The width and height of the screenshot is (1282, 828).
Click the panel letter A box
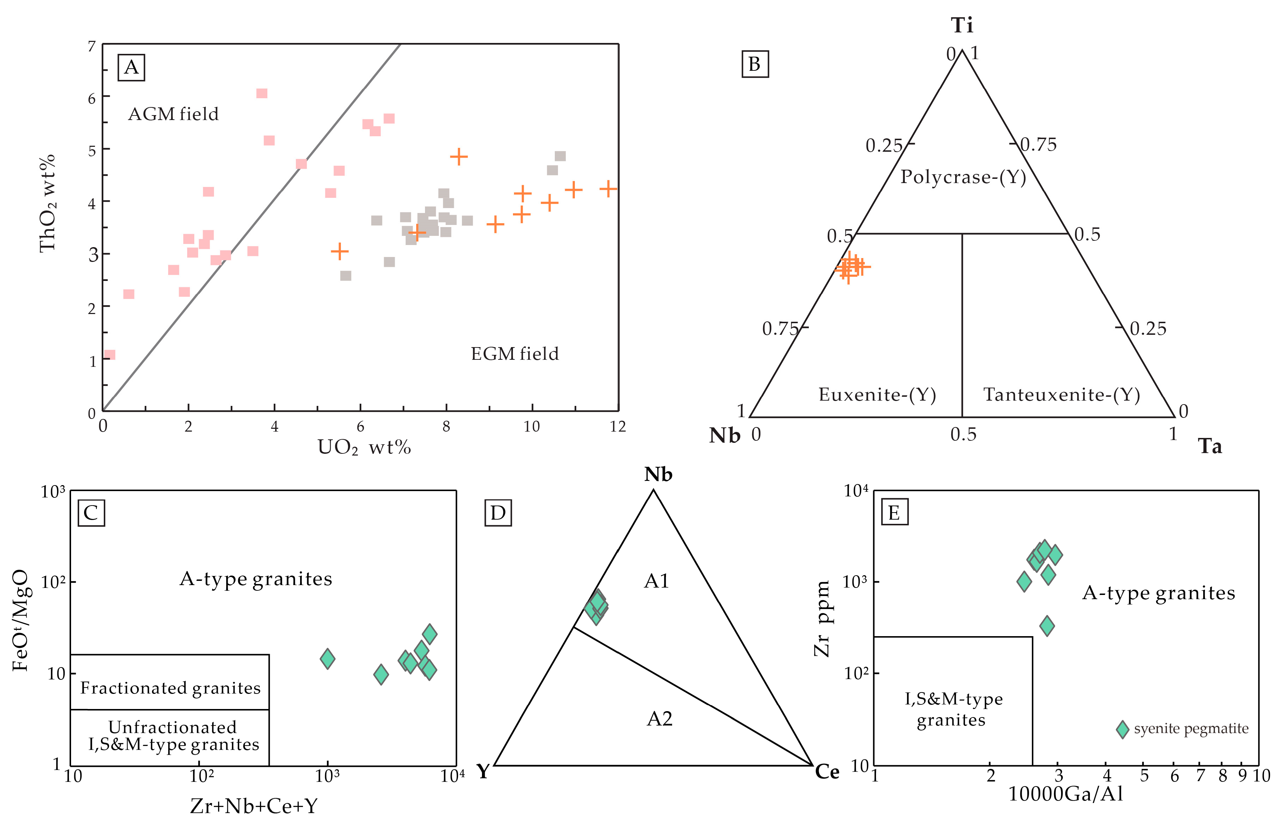pyautogui.click(x=131, y=67)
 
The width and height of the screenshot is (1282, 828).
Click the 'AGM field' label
pyautogui.click(x=173, y=114)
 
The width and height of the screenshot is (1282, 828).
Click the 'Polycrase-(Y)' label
pyautogui.click(x=963, y=177)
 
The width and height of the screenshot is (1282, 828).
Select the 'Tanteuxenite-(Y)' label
pyautogui.click(x=1061, y=395)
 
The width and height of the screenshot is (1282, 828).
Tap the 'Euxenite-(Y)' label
pyautogui.click(x=877, y=395)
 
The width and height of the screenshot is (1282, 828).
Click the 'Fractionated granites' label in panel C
pyautogui.click(x=170, y=688)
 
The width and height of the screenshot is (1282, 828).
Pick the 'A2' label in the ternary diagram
pyautogui.click(x=659, y=718)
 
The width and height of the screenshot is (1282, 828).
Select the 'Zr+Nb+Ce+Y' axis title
pyautogui.click(x=254, y=806)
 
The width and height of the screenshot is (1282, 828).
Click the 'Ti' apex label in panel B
pyautogui.click(x=962, y=25)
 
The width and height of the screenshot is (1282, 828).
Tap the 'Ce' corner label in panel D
pyautogui.click(x=827, y=772)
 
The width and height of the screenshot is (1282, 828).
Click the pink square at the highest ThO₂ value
pyautogui.click(x=262, y=94)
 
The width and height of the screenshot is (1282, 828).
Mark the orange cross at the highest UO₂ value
pyautogui.click(x=608, y=189)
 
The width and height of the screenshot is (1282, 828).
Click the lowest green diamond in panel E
pyautogui.click(x=1047, y=626)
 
